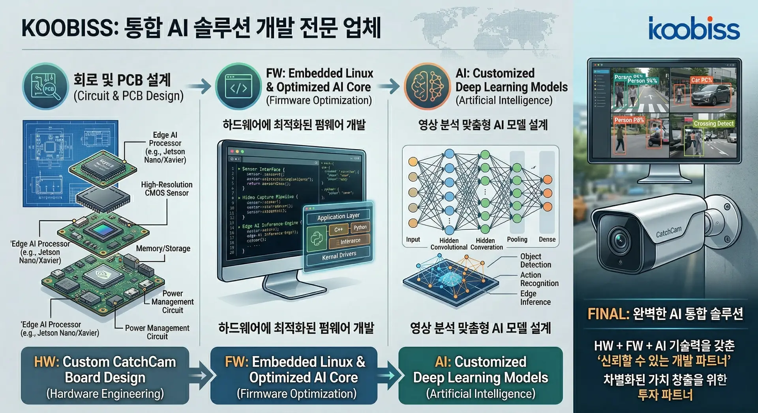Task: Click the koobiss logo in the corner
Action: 694,28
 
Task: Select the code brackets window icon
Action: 238,86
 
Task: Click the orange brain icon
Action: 427,86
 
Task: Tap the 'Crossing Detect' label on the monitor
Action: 713,123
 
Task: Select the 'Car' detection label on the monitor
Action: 702,80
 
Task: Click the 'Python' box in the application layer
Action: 360,228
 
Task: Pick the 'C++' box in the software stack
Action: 339,230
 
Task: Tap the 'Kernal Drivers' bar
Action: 339,255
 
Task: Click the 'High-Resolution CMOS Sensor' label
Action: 167,189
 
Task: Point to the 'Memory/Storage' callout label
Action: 163,249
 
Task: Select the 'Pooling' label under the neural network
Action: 517,239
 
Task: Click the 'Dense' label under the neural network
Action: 547,239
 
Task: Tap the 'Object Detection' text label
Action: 535,260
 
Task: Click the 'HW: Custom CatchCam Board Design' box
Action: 105,376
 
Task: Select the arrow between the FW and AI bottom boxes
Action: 388,375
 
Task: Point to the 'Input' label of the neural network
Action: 413,239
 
